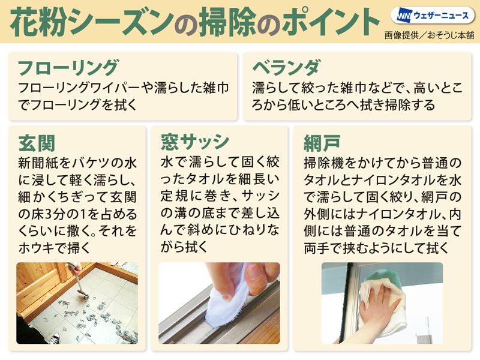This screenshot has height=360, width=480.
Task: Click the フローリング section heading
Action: (x=68, y=68)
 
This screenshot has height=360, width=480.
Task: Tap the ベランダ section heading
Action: (x=287, y=68)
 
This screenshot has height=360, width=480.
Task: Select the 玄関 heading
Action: (x=37, y=143)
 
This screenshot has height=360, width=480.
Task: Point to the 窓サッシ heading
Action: (x=195, y=142)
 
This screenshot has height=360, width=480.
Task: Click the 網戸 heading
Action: (x=322, y=143)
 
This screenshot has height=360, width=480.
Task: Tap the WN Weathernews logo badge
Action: (x=433, y=16)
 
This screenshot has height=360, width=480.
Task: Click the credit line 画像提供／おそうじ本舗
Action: (x=429, y=35)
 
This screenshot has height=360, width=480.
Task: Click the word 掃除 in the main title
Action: (x=227, y=22)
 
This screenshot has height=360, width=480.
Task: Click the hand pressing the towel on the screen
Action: (x=377, y=309)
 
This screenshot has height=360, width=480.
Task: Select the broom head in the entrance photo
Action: (x=83, y=295)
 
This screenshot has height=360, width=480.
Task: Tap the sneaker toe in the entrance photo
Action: (x=55, y=338)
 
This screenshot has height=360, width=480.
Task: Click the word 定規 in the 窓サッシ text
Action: (x=174, y=197)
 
